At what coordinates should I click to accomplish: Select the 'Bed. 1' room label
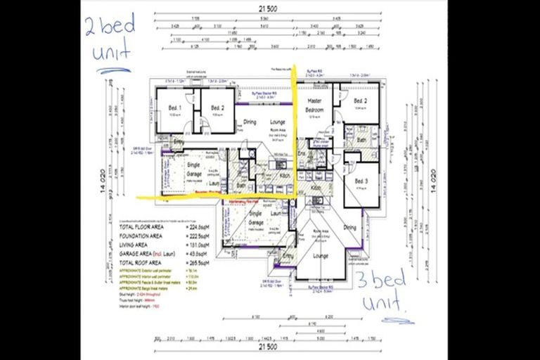pyautogui.click(x=175, y=108)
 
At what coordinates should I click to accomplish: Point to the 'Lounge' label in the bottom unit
pyautogui.click(x=321, y=256)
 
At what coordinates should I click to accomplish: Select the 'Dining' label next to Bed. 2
pyautogui.click(x=250, y=122)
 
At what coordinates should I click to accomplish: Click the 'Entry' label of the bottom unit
pyautogui.click(x=286, y=257)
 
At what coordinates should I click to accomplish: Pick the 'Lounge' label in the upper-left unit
pyautogui.click(x=278, y=122)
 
